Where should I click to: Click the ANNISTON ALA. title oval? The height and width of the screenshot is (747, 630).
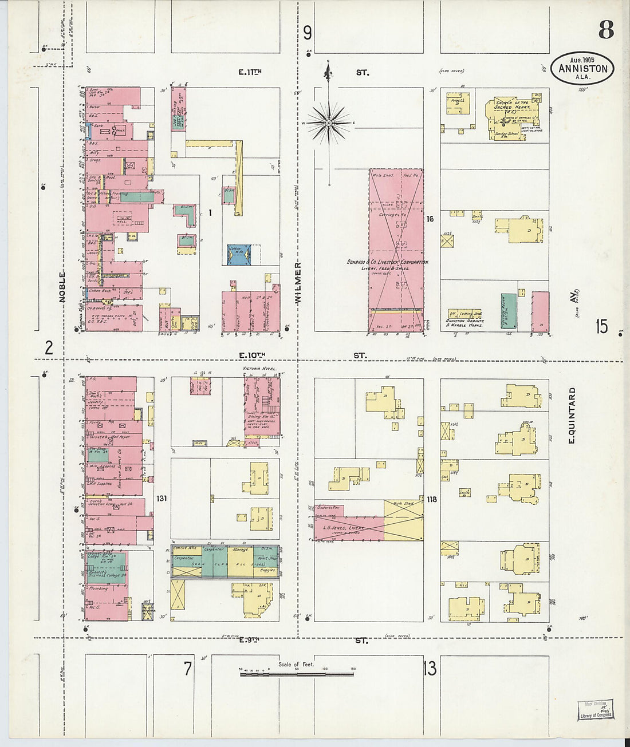pos(583,68)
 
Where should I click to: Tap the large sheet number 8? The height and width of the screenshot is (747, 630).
pos(606,29)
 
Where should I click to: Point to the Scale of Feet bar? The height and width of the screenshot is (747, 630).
pos(298,674)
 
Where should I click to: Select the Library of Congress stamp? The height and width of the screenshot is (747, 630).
pos(595,709)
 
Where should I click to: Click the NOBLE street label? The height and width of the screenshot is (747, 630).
pos(62,286)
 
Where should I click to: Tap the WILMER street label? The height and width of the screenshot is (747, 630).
pos(297,283)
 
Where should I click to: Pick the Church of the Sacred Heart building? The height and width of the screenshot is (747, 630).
pos(511,117)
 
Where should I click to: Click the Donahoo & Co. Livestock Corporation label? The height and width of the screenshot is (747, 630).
pos(387,262)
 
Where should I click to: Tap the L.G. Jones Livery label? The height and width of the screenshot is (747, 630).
pos(348,527)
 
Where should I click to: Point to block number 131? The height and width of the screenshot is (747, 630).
pos(162,499)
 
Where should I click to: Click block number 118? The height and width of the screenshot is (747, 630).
pos(431,499)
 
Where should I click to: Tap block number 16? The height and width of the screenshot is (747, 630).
pos(430,219)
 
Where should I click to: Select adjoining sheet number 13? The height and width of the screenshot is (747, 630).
pos(430,667)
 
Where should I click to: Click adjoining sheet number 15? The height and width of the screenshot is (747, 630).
pos(601,327)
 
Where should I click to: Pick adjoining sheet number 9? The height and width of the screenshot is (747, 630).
pos(308,33)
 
